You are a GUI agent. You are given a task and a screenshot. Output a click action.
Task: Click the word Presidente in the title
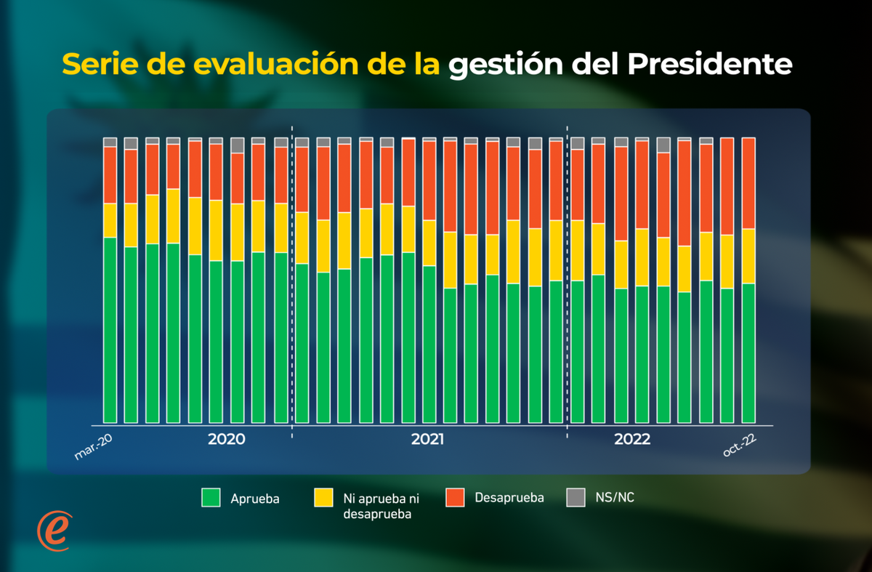pyautogui.click(x=709, y=65)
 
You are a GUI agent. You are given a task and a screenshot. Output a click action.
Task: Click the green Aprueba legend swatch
pyautogui.click(x=211, y=498)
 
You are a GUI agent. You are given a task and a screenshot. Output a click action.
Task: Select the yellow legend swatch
pyautogui.click(x=323, y=498)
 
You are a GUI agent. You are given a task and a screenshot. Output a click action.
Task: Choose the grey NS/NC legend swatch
pyautogui.click(x=576, y=498)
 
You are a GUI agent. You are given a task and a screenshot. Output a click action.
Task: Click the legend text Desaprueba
pyautogui.click(x=509, y=498)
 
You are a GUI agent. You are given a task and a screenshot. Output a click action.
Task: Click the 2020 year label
pyautogui.click(x=226, y=440)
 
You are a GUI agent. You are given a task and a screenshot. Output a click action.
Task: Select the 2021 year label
pyautogui.click(x=428, y=440)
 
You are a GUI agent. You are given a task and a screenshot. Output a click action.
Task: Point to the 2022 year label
pyautogui.click(x=632, y=440)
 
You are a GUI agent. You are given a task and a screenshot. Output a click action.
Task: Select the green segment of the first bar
pyautogui.click(x=110, y=331)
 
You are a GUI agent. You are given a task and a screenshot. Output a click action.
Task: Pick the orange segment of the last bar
pyautogui.click(x=748, y=183)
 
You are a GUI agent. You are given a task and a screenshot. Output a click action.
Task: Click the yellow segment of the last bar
pyautogui.click(x=748, y=256)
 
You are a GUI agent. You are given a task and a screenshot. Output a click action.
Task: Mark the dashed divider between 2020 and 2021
pyautogui.click(x=291, y=276)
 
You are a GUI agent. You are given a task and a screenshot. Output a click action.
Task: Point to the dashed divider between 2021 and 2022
pyautogui.click(x=567, y=276)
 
